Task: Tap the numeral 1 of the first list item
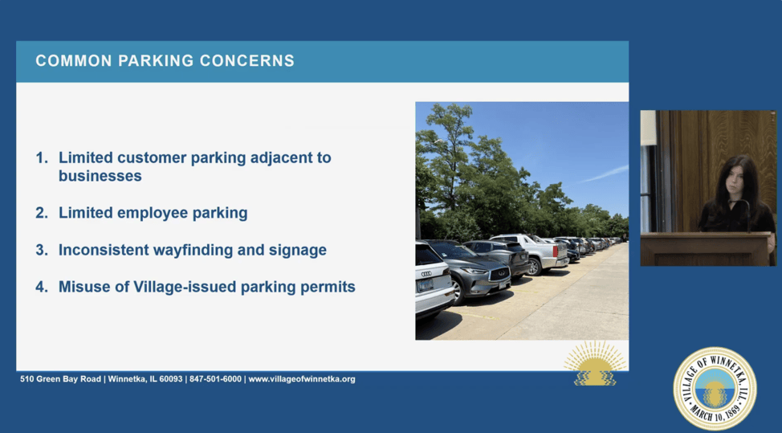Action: click(41, 157)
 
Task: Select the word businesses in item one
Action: click(100, 176)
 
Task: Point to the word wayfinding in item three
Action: click(196, 251)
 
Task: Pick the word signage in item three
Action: click(298, 251)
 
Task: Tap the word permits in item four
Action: click(331, 288)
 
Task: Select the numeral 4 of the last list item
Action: click(41, 287)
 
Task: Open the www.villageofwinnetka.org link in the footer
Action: click(302, 379)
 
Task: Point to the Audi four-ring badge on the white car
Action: click(426, 274)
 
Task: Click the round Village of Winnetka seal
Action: click(715, 389)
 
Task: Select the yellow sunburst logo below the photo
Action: click(594, 364)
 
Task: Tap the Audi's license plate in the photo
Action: click(425, 285)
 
